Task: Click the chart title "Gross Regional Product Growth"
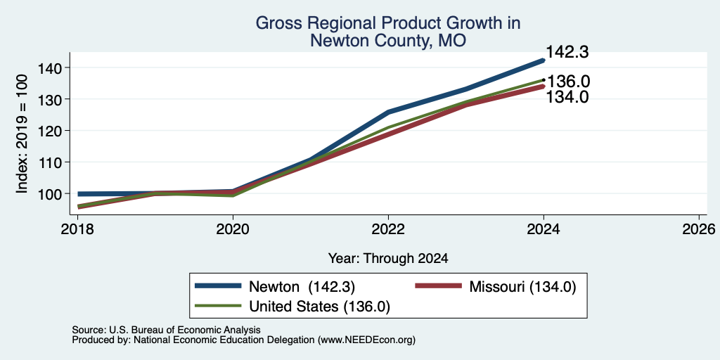click(388, 23)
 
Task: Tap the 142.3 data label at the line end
click(567, 52)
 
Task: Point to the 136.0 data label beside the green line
click(568, 82)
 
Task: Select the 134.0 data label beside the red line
click(567, 97)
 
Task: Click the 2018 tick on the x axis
click(77, 229)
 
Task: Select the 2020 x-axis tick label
click(233, 229)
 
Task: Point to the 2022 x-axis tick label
click(388, 229)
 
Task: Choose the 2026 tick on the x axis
click(699, 229)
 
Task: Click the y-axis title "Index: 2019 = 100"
click(22, 134)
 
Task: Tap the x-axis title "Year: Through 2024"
click(388, 259)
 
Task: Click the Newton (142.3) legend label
click(302, 287)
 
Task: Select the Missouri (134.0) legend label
click(522, 287)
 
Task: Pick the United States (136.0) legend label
click(320, 307)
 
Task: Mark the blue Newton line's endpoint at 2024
click(544, 60)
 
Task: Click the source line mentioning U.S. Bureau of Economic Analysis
click(166, 330)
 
